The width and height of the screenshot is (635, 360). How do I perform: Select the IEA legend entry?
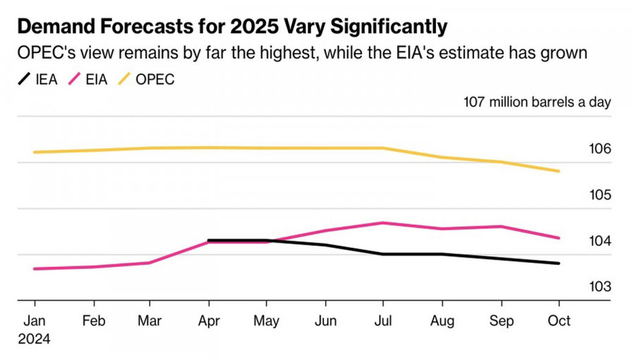40,79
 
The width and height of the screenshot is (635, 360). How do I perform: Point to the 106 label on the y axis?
600,149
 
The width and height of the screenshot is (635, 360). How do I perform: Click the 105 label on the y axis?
600,195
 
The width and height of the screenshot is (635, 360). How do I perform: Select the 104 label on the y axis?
600,241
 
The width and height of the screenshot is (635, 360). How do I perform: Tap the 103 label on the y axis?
600,287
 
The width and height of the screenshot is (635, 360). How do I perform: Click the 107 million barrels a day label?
537,102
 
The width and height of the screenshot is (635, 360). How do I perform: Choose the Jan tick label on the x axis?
35,320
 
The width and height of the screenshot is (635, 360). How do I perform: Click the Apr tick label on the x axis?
209,320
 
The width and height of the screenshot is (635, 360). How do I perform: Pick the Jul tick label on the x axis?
382,320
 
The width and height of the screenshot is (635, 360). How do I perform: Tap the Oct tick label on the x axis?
560,320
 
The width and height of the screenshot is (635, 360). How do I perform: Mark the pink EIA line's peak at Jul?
382,223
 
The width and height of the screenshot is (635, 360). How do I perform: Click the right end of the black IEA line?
559,263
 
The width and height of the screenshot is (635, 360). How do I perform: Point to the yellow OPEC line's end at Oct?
559,171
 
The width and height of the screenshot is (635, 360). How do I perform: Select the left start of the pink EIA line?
35,269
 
